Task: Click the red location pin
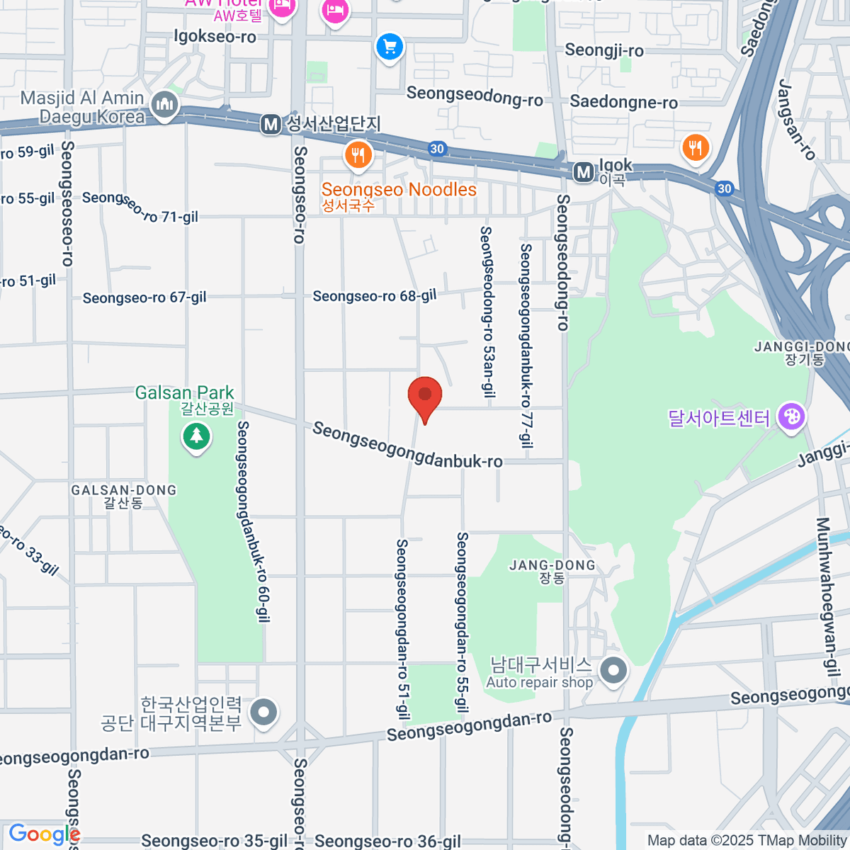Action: (425, 395)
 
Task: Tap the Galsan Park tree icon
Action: (196, 436)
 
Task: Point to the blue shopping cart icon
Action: (389, 47)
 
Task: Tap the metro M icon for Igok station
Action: (584, 172)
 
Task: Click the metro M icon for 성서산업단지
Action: (271, 125)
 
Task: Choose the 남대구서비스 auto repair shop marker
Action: (613, 669)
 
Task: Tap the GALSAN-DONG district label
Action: (123, 490)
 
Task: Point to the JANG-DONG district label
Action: (552, 565)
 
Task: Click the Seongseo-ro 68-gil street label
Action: (375, 295)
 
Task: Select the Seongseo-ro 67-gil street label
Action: (144, 297)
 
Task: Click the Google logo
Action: (44, 834)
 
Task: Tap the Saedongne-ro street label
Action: (623, 102)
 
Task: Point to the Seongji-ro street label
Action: (604, 50)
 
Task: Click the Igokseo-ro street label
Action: (215, 36)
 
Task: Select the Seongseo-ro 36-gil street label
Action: (387, 841)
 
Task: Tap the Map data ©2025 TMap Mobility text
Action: (747, 841)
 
